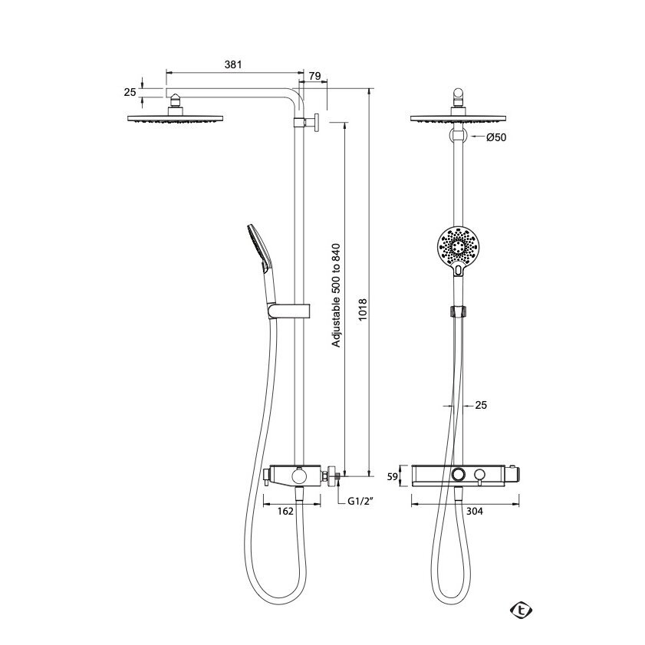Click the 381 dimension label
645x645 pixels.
pos(233,64)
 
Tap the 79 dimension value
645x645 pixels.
pos(314,76)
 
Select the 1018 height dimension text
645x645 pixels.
pos(362,310)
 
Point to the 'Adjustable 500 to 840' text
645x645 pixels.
pos(336,295)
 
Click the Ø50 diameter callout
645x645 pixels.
pos(496,137)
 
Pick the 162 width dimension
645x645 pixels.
pos(285,511)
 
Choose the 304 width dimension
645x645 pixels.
pos(474,511)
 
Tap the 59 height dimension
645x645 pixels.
pos(393,477)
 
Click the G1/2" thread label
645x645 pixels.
pos(360,501)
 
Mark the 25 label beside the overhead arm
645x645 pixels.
pos(130,92)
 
